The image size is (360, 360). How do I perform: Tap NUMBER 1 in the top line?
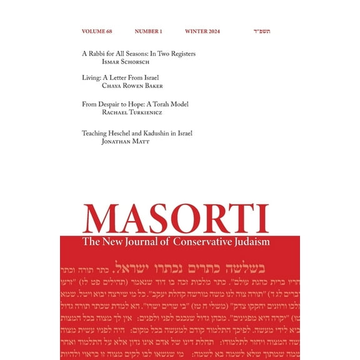pos(148,31)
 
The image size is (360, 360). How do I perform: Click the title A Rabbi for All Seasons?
pos(139,54)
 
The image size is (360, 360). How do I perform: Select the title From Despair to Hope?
pos(135,104)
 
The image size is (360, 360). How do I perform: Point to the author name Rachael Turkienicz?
pos(136,112)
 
